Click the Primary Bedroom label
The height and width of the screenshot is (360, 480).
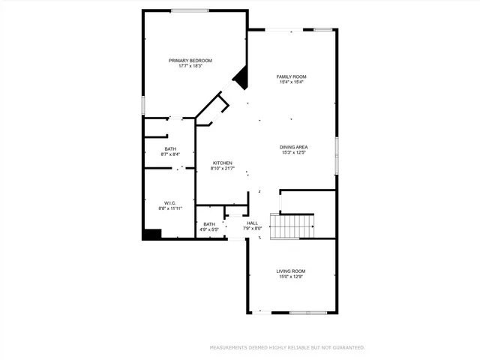pos(190,61)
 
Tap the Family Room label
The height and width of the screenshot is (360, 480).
pos(291,76)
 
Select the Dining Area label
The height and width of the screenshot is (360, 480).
pos(294,147)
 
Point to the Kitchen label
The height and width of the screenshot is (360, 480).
pos(222,163)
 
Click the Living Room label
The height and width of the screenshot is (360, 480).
pos(291,271)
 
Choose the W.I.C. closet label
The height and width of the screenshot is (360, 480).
pos(169,202)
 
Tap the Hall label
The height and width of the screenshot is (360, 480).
pos(253,223)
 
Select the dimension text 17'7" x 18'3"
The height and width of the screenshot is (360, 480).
pos(190,67)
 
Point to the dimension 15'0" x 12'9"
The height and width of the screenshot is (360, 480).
pos(291,277)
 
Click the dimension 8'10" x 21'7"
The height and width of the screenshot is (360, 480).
pos(222,169)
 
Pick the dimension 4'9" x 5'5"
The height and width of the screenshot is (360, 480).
pos(209,229)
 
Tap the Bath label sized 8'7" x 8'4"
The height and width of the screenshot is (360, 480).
pos(170,149)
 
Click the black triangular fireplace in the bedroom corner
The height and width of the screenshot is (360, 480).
pos(241,75)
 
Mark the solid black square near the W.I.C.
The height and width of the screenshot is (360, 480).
pos(152,234)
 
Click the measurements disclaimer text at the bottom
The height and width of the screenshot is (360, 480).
pos(286,347)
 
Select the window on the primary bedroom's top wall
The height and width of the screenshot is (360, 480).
pos(190,10)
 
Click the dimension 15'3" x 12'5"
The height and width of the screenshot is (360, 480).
pos(294,153)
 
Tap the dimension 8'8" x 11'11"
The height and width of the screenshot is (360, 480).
pos(169,208)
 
